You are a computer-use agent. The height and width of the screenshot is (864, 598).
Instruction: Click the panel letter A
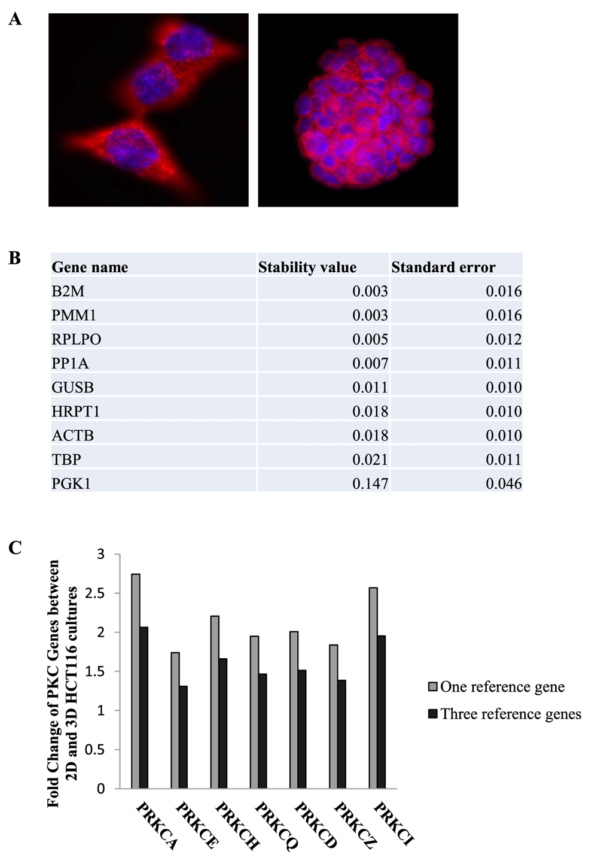click(15, 20)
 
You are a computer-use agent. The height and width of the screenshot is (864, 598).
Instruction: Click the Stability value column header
click(307, 267)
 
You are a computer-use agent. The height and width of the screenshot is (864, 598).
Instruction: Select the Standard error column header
click(443, 267)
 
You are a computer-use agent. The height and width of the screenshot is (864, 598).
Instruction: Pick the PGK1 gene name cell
click(71, 483)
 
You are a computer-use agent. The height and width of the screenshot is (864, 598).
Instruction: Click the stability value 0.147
click(370, 483)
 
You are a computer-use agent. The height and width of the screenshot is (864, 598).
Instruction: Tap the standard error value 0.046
click(504, 483)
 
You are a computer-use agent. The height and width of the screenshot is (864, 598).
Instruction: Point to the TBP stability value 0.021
click(370, 460)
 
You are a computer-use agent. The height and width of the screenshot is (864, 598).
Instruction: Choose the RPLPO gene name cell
click(77, 339)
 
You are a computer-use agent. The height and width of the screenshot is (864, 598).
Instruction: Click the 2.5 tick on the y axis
click(96, 594)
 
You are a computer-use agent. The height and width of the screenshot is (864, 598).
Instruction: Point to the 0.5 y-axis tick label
click(96, 750)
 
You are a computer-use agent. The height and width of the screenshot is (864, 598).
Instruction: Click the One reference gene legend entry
click(502, 687)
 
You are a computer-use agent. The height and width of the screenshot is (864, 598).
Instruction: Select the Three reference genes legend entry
click(510, 714)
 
